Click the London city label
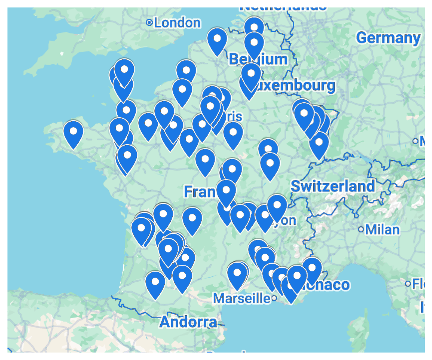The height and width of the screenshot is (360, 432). [x=177, y=23]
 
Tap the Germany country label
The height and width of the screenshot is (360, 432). [x=388, y=38]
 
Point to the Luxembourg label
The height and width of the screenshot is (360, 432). [x=295, y=86]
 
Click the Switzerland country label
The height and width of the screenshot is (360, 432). [x=333, y=186]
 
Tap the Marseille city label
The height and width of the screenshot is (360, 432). [x=241, y=298]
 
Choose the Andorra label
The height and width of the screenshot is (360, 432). [x=188, y=322]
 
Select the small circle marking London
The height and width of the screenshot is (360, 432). [x=149, y=23]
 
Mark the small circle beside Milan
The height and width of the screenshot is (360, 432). [x=361, y=229]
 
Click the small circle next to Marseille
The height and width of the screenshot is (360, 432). [x=274, y=298]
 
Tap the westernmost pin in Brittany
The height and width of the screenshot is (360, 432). [x=73, y=132]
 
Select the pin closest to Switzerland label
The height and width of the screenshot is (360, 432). [x=319, y=144]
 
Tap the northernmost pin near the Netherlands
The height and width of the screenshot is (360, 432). [x=254, y=28]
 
